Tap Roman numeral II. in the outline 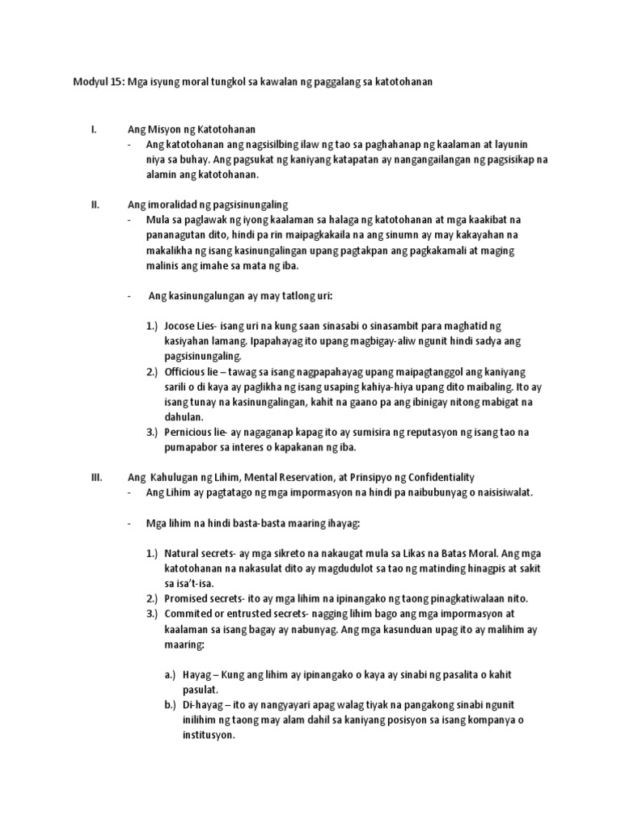point(95,205)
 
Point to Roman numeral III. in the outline point(96,477)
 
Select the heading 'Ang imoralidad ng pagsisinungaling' point(208,205)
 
